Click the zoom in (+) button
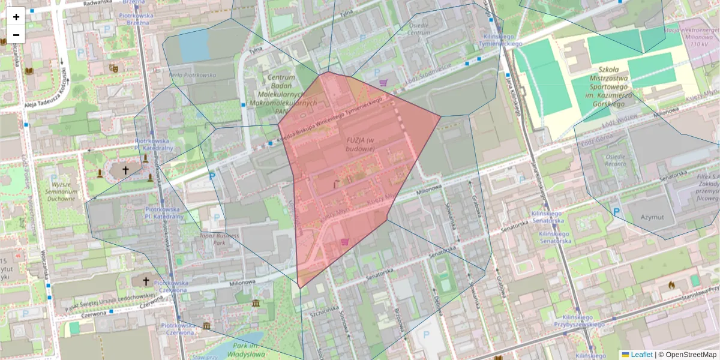coord(16,16)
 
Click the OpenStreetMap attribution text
coord(687,355)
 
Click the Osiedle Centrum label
coord(419,29)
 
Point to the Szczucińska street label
coord(317,315)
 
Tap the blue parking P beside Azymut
coord(617,211)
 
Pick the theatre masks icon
coord(113,68)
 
